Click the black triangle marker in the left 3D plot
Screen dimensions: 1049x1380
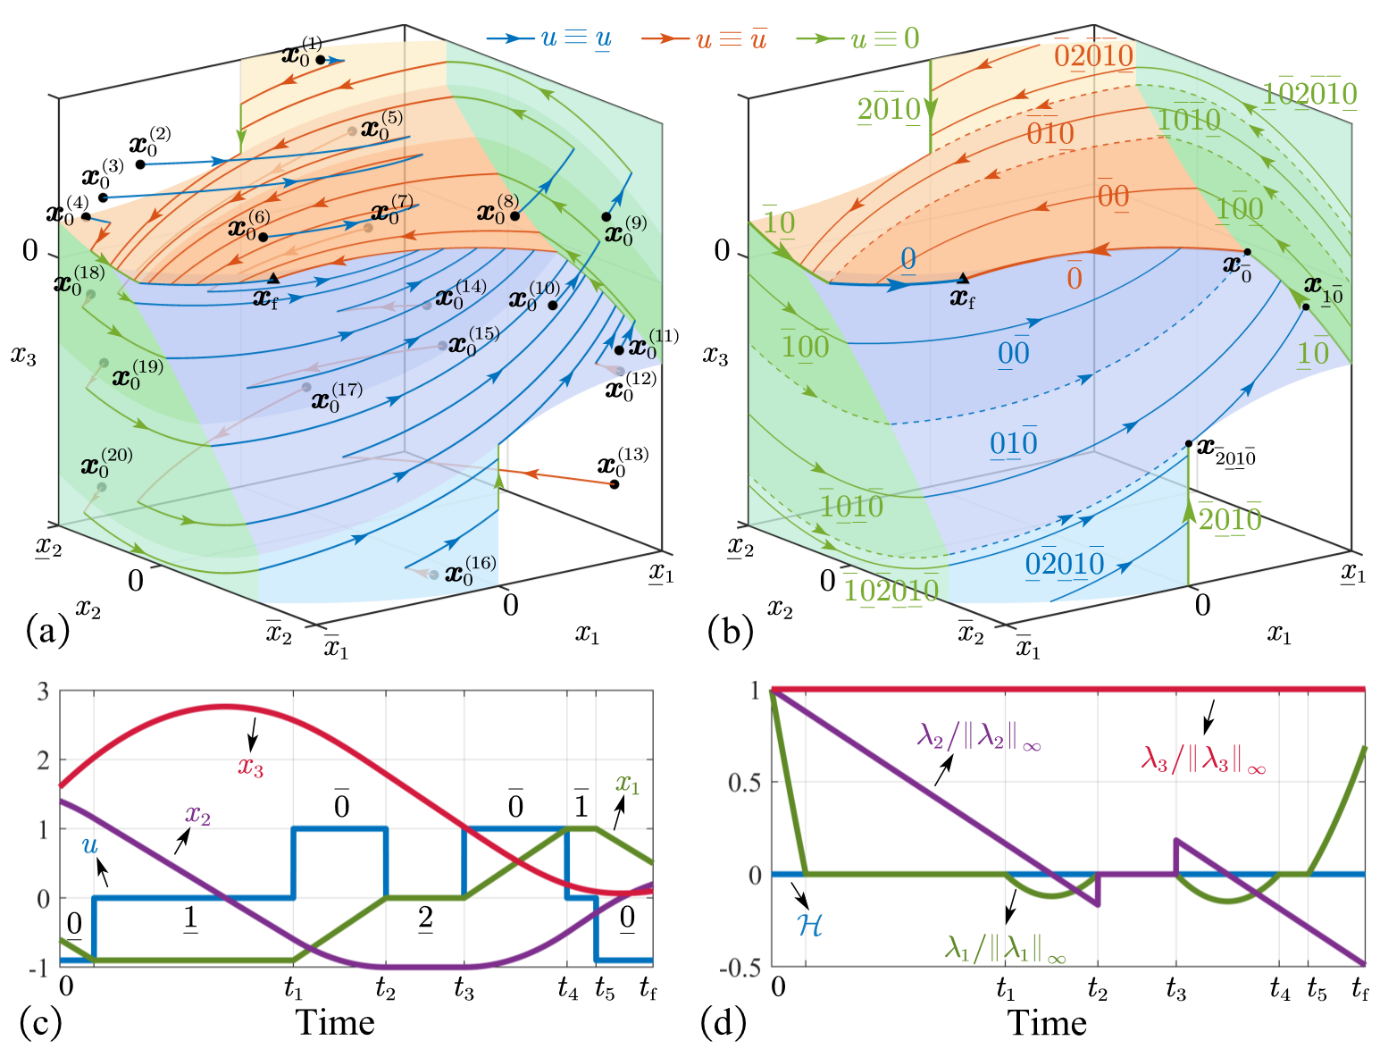point(273,279)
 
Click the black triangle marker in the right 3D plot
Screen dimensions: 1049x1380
point(963,279)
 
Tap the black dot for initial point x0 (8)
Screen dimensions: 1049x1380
point(514,216)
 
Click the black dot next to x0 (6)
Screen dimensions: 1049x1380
point(263,237)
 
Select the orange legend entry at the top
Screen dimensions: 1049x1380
point(704,38)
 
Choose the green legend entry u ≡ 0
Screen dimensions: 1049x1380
point(858,38)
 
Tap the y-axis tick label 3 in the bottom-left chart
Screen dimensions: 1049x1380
point(43,692)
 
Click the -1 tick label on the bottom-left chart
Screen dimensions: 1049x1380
point(38,969)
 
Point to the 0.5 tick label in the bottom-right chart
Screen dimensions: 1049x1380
point(744,784)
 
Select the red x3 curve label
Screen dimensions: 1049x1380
point(251,768)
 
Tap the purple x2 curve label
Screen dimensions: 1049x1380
point(197,815)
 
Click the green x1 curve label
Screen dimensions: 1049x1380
point(627,785)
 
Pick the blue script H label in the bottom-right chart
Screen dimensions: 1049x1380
point(809,925)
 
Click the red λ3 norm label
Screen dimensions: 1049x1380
point(1203,759)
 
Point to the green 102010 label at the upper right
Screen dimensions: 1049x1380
point(1309,94)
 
